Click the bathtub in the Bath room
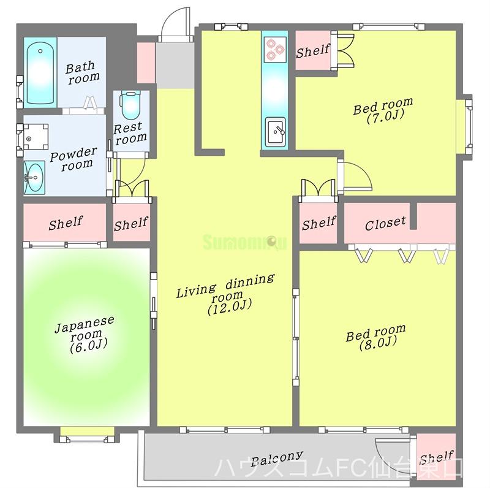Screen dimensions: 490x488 click(x=40, y=73)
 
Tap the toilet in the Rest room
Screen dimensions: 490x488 click(x=130, y=105)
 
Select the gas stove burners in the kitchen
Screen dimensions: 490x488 click(x=275, y=49)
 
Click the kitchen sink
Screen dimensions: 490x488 click(x=275, y=132)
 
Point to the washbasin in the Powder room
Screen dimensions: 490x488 click(x=34, y=178)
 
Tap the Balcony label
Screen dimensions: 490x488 click(x=277, y=459)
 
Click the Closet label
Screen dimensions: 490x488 click(x=385, y=223)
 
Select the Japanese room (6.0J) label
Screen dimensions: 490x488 click(x=85, y=334)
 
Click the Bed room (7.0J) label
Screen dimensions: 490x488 click(x=383, y=110)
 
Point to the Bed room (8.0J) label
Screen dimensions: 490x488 click(x=376, y=338)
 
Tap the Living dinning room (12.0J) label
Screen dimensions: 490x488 click(x=226, y=294)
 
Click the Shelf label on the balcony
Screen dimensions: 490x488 click(x=436, y=458)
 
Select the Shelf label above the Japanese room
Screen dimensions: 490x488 click(x=66, y=223)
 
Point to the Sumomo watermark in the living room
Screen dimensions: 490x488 click(x=244, y=242)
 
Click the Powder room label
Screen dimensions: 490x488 click(x=73, y=159)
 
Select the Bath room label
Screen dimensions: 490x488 click(x=82, y=72)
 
